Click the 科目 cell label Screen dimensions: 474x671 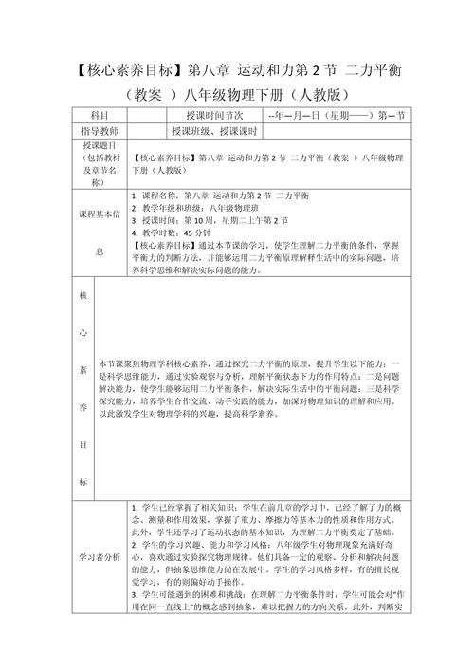click(x=99, y=115)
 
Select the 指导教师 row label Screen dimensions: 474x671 click(x=99, y=131)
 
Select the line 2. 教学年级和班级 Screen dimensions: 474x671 click(x=201, y=207)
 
